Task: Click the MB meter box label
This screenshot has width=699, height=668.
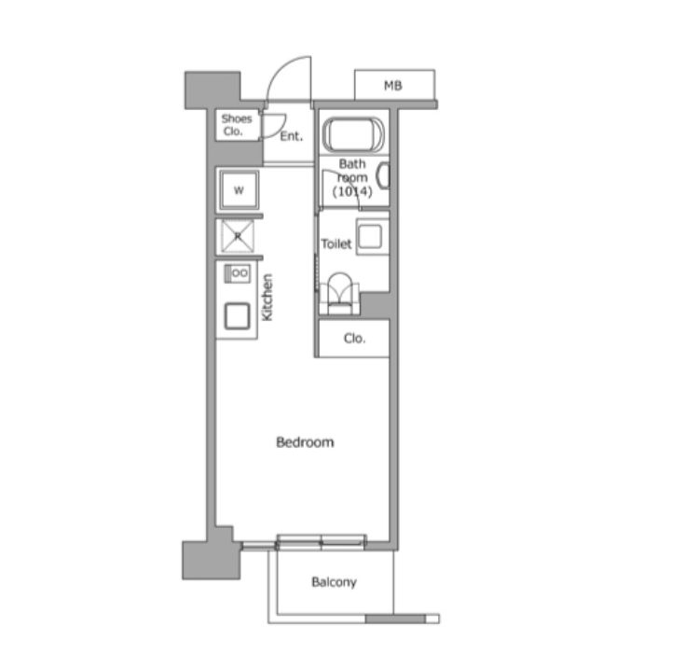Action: click(392, 85)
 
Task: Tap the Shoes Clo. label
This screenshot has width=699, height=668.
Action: click(237, 125)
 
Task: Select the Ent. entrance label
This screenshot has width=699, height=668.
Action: click(292, 136)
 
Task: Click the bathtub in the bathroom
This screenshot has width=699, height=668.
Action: click(353, 134)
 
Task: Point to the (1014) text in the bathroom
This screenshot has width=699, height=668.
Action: click(352, 191)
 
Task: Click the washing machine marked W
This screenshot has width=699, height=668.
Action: click(239, 190)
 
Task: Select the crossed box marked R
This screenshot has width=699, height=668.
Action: click(238, 236)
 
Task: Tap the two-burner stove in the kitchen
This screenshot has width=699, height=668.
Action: click(237, 273)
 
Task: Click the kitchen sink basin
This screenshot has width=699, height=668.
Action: click(237, 316)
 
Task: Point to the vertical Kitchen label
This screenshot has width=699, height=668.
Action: click(267, 298)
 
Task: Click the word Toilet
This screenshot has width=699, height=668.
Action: click(336, 244)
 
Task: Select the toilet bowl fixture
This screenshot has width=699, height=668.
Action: click(339, 294)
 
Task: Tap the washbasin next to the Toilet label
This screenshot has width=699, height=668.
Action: click(372, 236)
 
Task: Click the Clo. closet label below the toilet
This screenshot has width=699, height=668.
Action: click(354, 339)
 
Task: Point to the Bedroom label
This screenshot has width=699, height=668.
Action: click(305, 442)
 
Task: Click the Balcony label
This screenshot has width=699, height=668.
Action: click(334, 582)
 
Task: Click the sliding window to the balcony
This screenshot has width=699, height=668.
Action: click(321, 542)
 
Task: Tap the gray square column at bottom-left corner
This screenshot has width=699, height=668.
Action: click(212, 560)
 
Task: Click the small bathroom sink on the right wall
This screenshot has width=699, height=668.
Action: click(383, 175)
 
